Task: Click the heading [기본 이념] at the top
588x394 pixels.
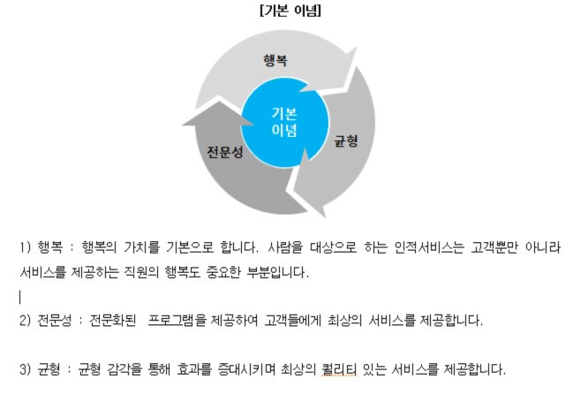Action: (290, 11)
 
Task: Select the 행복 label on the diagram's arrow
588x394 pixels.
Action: (275, 60)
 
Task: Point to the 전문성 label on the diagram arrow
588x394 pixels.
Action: (225, 151)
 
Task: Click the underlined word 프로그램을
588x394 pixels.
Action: (183, 318)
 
